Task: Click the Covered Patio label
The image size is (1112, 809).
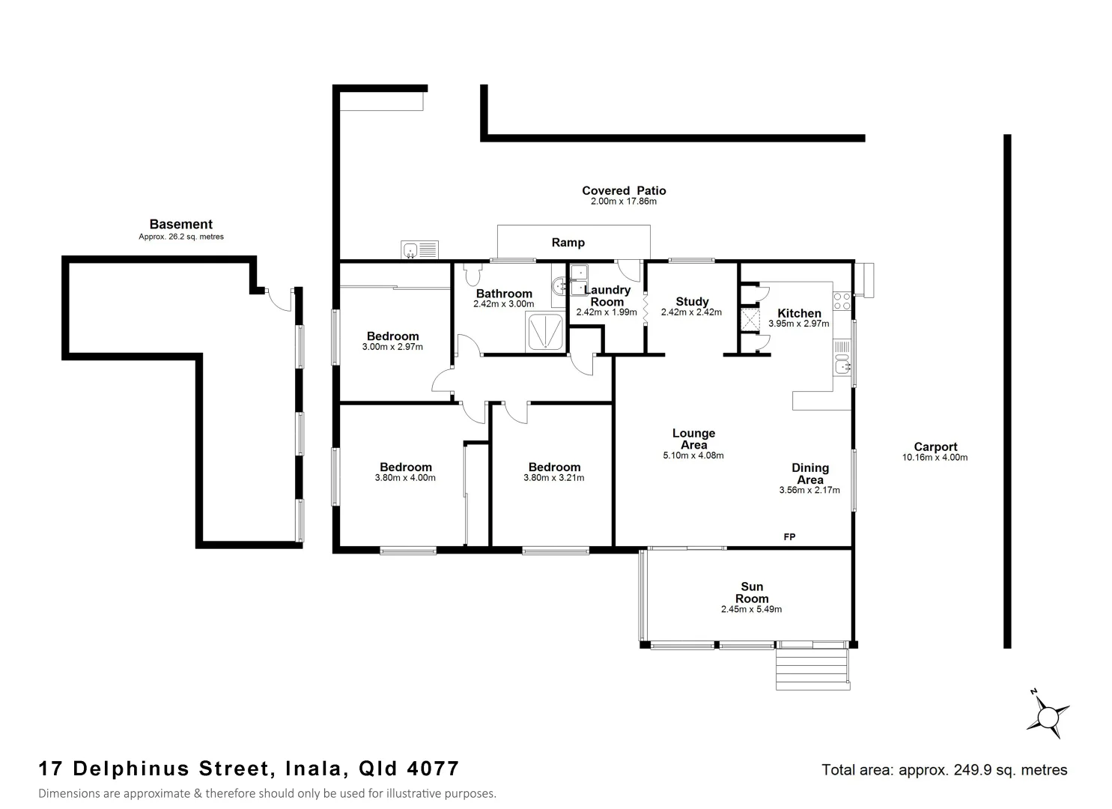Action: pyautogui.click(x=623, y=191)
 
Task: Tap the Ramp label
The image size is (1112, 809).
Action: pyautogui.click(x=568, y=243)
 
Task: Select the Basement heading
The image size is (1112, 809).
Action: pyautogui.click(x=180, y=224)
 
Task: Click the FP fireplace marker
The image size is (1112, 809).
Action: pyautogui.click(x=789, y=537)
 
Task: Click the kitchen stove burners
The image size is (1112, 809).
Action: pyautogui.click(x=842, y=301)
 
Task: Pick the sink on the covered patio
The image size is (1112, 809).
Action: pyautogui.click(x=419, y=249)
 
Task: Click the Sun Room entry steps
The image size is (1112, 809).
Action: pyautogui.click(x=812, y=669)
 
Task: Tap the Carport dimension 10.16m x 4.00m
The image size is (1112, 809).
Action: pyautogui.click(x=935, y=458)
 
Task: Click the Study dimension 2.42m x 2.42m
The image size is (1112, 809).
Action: pyautogui.click(x=691, y=312)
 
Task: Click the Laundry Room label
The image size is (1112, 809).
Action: pyautogui.click(x=607, y=296)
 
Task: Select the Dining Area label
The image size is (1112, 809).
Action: pyautogui.click(x=809, y=474)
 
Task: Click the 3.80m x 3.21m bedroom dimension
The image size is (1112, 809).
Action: pyautogui.click(x=553, y=478)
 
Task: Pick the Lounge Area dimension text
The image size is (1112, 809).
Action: pyautogui.click(x=693, y=455)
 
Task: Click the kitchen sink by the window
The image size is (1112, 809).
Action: pyautogui.click(x=843, y=366)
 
